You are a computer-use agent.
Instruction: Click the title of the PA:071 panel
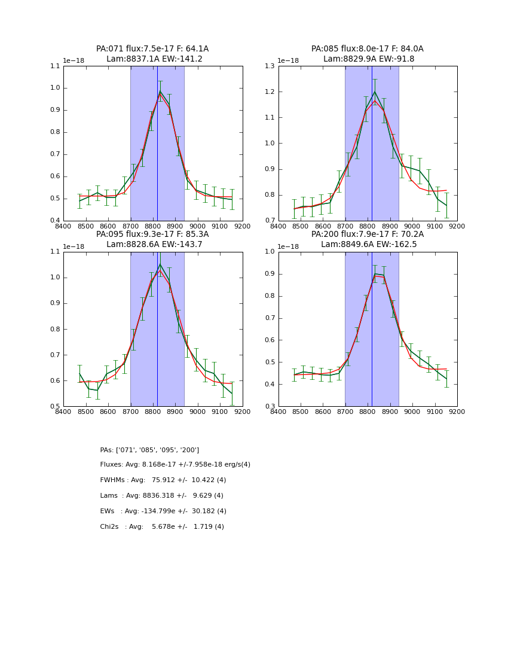tap(152, 49)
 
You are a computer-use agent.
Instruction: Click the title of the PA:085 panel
tap(367, 49)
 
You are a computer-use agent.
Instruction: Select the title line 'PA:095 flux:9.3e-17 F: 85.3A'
tap(152, 234)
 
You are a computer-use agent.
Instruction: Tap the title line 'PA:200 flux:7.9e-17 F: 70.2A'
tap(367, 234)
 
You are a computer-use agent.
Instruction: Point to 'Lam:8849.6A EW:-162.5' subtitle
tap(367, 244)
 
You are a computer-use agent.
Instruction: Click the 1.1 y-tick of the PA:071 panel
tap(55, 66)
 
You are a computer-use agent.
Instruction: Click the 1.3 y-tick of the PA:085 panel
tap(270, 66)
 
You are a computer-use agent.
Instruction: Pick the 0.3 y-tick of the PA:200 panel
tap(270, 407)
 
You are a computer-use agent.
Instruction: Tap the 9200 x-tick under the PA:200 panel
tap(457, 412)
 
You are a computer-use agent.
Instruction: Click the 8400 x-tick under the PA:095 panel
tap(63, 412)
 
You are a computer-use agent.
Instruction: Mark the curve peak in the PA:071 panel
tap(160, 92)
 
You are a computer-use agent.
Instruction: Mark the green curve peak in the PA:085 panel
tap(375, 92)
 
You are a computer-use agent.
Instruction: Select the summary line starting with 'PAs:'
tap(149, 450)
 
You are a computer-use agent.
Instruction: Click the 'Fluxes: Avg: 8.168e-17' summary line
tap(175, 465)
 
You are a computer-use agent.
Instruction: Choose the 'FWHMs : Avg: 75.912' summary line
tap(163, 480)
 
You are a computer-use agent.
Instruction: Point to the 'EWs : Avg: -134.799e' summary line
tap(163, 511)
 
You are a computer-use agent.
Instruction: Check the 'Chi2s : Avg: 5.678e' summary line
tap(162, 527)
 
